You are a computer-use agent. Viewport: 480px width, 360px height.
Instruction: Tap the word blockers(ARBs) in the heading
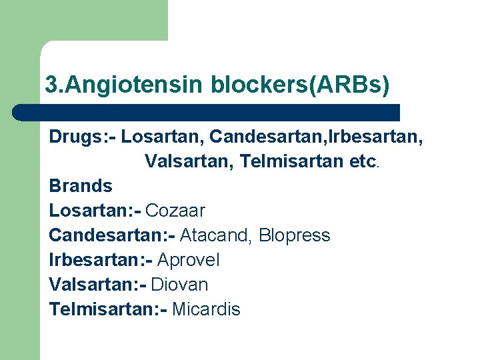tap(300, 85)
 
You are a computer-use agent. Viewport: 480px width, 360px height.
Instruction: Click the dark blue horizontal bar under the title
tap(207, 112)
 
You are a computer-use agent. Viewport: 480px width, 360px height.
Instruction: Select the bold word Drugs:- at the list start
tap(83, 137)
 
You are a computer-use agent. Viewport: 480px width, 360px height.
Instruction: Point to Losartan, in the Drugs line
tap(163, 137)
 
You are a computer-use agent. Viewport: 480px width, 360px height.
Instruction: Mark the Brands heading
tap(81, 186)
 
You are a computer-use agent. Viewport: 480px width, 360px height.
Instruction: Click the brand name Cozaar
tap(175, 211)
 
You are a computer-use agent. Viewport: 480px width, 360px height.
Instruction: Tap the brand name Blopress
tap(295, 235)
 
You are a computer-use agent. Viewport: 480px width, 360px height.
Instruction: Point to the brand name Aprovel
tap(189, 260)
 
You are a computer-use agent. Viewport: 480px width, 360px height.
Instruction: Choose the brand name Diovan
tap(180, 285)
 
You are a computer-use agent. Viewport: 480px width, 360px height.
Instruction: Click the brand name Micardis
tap(206, 309)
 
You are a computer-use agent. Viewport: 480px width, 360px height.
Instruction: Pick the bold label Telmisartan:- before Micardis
tap(108, 309)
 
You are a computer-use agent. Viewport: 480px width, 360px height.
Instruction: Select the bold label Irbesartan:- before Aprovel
tap(101, 260)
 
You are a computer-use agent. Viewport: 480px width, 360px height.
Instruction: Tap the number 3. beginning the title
tap(53, 85)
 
